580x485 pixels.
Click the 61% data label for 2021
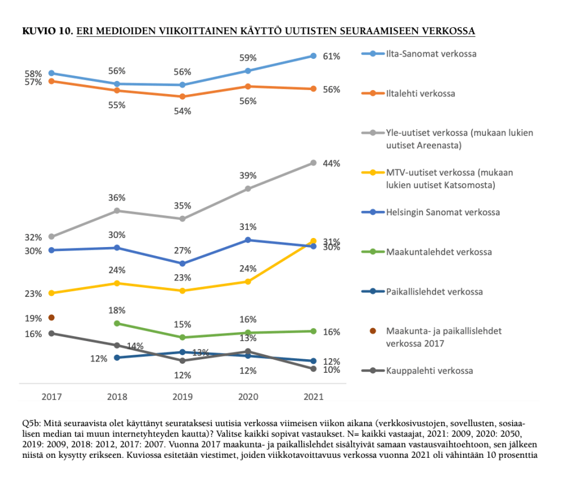coord(332,57)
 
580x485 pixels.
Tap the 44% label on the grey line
coord(332,164)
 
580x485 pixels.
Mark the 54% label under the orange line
coord(183,112)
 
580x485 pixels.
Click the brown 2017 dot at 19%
coord(51,317)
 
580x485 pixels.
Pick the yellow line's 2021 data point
coord(313,241)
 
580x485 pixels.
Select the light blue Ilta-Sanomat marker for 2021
coord(313,56)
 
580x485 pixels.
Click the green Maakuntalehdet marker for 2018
coord(117,324)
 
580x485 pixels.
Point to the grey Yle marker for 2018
coord(117,211)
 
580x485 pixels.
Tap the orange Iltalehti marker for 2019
coord(182,97)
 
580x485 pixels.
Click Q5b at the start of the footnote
coord(32,424)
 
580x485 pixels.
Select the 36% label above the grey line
coord(117,198)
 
